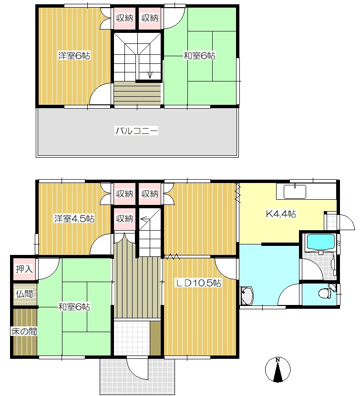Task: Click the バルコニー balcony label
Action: [x=137, y=131]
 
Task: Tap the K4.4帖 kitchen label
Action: [x=281, y=214]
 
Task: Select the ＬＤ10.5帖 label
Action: [x=198, y=283]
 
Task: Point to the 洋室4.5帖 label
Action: [x=74, y=218]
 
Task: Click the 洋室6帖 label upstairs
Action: [x=74, y=56]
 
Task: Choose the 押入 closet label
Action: [x=24, y=269]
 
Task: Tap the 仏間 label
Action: [x=24, y=294]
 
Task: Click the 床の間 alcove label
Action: [x=24, y=331]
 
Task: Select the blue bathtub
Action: [x=320, y=243]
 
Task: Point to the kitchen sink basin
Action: [x=295, y=192]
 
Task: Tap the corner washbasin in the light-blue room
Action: [x=247, y=296]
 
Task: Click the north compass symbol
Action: [x=278, y=369]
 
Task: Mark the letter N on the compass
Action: [x=278, y=360]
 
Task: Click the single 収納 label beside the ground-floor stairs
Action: [x=124, y=218]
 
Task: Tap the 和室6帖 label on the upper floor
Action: [x=200, y=56]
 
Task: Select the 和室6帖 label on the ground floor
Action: [x=74, y=307]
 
